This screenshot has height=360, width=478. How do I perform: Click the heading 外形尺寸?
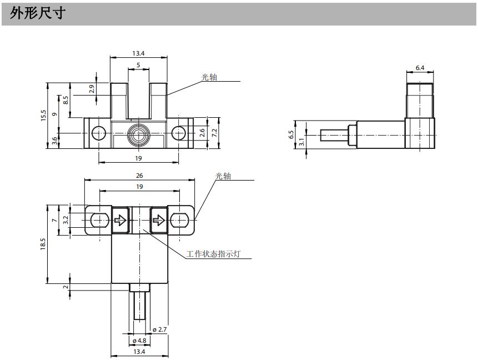point(38,13)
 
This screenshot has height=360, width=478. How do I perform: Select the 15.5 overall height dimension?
point(43,116)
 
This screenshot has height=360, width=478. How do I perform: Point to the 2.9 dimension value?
point(92,88)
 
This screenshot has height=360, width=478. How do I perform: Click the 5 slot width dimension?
point(138,65)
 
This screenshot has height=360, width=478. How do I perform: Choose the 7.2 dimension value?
point(214,133)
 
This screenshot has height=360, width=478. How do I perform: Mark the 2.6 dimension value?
point(203,133)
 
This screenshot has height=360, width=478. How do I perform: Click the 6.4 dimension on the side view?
point(420,68)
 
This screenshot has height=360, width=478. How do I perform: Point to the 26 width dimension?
point(139,176)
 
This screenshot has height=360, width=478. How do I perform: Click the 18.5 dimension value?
point(43,244)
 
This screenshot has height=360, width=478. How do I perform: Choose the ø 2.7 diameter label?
point(159,330)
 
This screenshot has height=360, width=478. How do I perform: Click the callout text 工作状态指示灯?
point(218,254)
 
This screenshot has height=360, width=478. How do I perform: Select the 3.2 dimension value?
point(66,220)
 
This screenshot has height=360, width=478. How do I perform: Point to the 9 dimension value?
point(54,114)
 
